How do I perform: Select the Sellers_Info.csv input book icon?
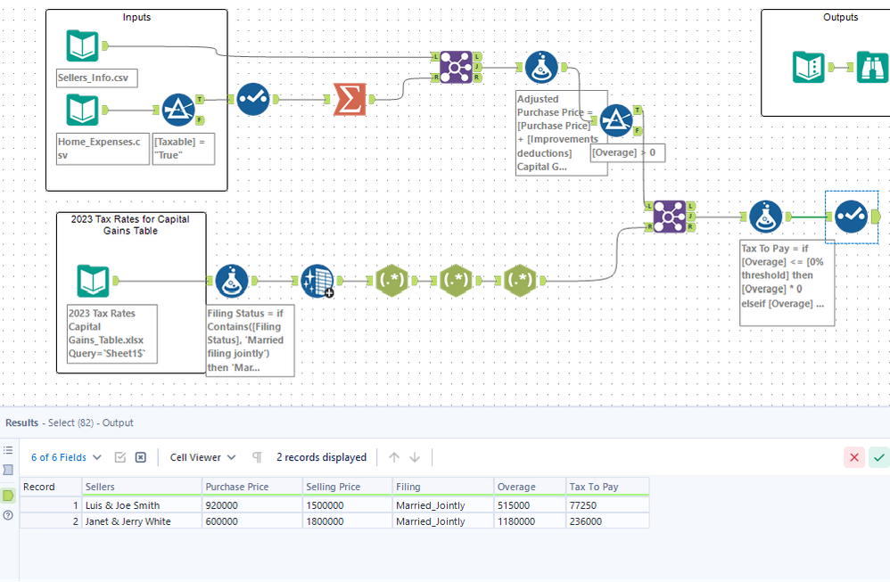82,46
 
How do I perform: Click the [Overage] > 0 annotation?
628,153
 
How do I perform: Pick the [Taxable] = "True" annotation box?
184,148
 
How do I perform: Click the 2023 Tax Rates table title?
131,225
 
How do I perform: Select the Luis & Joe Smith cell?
122,505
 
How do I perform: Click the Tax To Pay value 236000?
586,521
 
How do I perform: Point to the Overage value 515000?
517,505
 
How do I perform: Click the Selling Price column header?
334,487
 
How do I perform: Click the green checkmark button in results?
879,457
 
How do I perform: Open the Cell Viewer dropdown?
203,457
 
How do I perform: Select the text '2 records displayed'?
321,457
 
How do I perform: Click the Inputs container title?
136,17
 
